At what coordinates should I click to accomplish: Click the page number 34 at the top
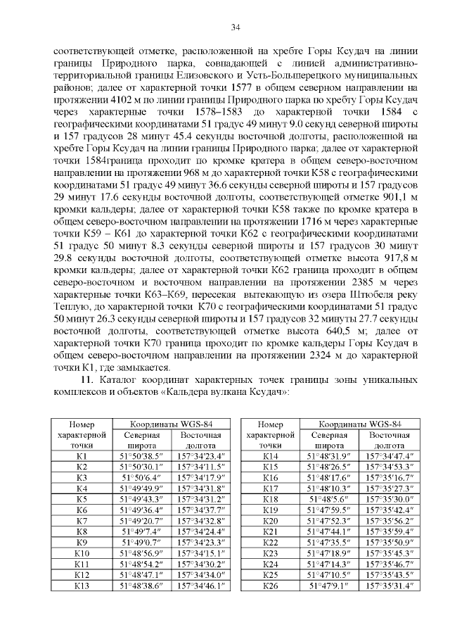pos(236,27)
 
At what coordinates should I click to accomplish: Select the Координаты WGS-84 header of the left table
pos(173,424)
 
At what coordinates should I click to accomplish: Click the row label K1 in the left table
pos(81,457)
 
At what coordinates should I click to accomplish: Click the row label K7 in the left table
pos(81,521)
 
